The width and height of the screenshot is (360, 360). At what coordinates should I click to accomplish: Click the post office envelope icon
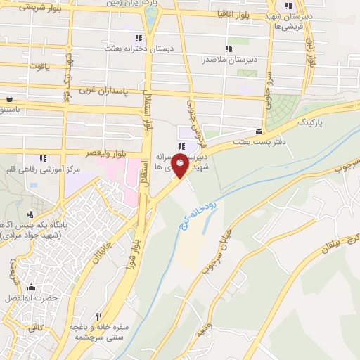259,131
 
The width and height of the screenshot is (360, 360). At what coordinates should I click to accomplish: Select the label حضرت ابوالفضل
30,299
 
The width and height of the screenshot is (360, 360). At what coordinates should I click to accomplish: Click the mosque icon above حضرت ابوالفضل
30,287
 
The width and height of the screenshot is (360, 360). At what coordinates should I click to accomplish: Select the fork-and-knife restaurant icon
99,317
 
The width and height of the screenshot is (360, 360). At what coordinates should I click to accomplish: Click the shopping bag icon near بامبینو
10,99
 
